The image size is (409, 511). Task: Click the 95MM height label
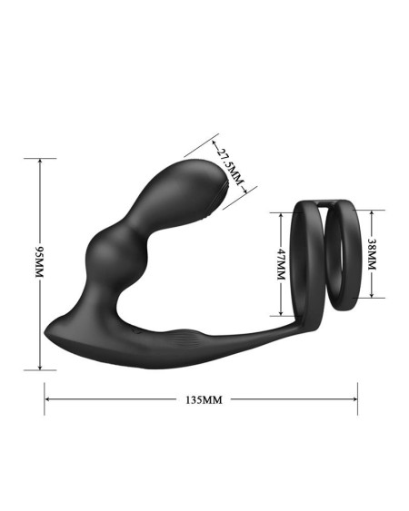coord(39,263)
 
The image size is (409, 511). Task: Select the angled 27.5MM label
coord(229,165)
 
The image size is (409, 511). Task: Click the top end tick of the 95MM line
coord(40,158)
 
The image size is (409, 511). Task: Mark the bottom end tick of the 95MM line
coord(40,370)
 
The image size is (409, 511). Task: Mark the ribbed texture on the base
coord(186,340)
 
